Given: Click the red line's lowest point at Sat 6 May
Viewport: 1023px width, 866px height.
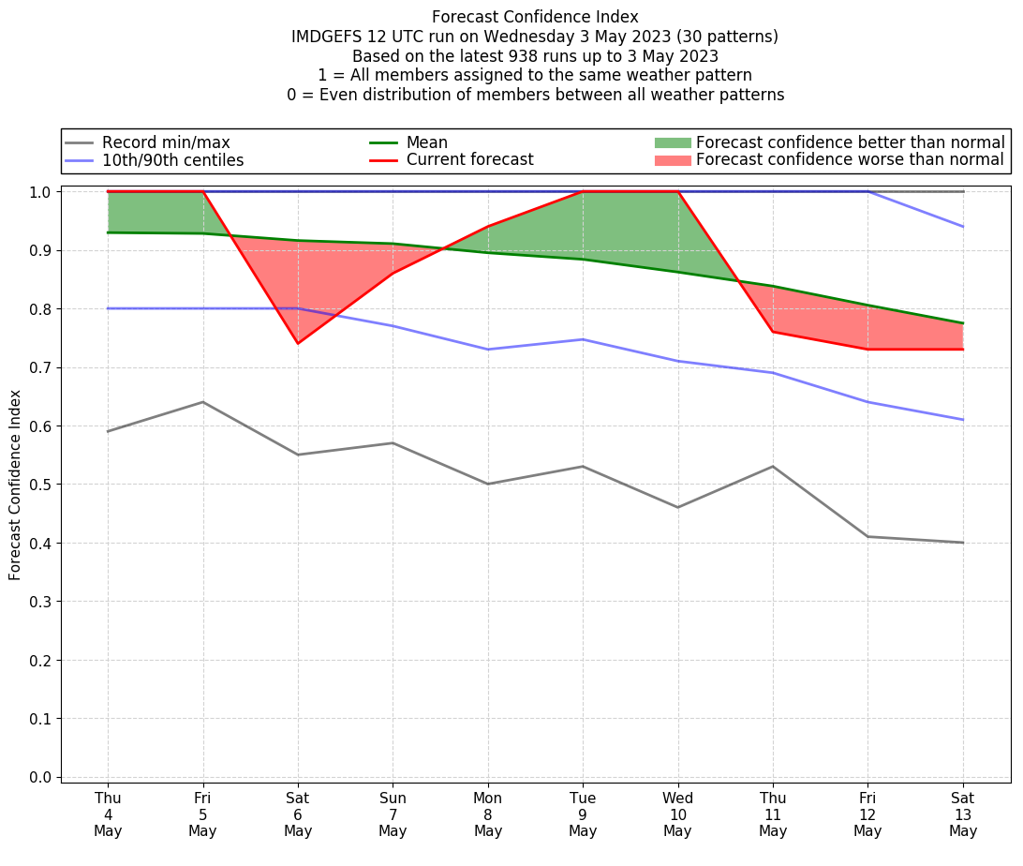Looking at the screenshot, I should click(298, 343).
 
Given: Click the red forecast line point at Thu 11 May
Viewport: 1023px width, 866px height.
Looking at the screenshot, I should click(773, 332).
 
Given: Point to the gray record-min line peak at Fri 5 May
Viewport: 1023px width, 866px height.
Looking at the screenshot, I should click(203, 402).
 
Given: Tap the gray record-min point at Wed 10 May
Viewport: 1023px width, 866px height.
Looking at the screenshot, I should click(677, 507).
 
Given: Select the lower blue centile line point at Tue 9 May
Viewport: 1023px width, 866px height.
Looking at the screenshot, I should click(583, 339).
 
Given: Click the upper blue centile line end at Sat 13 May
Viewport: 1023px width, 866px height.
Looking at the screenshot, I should click(963, 227).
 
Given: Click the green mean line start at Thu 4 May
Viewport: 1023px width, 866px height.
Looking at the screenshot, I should click(108, 232).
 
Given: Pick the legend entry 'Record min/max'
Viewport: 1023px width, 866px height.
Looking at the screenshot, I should click(166, 142).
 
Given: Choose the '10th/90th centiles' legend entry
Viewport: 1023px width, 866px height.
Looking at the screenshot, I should click(172, 160).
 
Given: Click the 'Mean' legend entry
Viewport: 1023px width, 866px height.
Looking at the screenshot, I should click(426, 142).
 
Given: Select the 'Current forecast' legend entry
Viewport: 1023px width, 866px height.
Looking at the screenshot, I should click(469, 160).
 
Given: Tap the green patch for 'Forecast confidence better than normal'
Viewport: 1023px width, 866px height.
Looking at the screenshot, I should click(673, 142).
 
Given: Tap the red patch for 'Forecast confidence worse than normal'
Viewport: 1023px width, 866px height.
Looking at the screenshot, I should click(673, 160).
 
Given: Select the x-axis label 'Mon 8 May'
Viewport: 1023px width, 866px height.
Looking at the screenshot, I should click(488, 814).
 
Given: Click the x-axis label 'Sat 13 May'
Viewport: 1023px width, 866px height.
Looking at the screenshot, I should click(963, 814).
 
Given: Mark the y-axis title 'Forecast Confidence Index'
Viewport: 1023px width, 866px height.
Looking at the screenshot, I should click(15, 485).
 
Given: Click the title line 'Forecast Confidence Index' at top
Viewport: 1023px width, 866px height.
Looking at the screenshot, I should click(535, 17).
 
